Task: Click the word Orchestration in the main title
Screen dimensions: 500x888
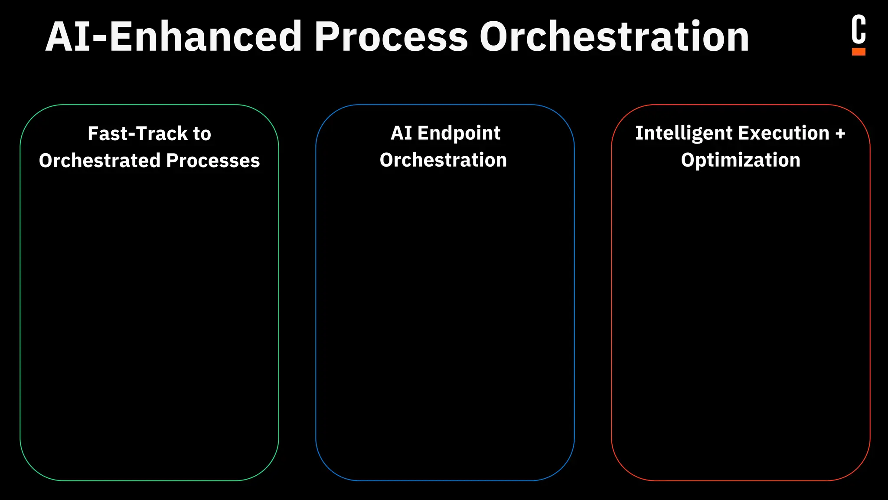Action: click(x=614, y=37)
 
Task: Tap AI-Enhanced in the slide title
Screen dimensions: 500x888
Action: click(x=173, y=37)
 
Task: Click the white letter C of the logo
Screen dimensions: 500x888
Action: click(x=859, y=30)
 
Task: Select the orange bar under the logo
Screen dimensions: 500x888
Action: click(x=859, y=52)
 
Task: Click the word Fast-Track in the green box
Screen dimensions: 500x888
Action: click(x=137, y=134)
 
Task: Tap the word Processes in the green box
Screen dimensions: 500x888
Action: click(x=213, y=161)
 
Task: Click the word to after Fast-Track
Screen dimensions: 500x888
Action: click(x=202, y=134)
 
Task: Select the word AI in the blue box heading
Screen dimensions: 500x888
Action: click(x=401, y=133)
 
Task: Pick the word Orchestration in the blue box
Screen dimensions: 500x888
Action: click(x=443, y=160)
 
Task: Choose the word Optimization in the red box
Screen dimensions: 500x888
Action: click(x=741, y=160)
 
